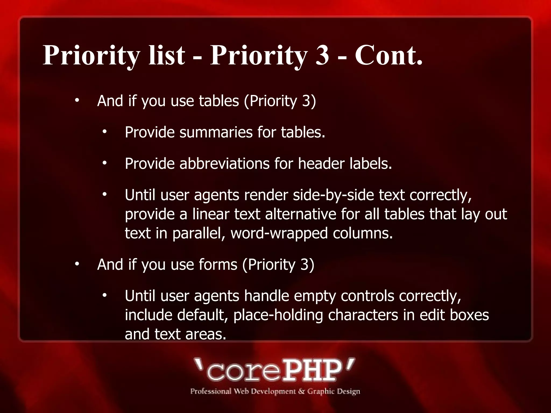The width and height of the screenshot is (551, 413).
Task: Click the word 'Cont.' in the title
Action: [x=388, y=55]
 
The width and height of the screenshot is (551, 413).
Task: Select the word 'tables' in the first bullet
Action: [x=219, y=101]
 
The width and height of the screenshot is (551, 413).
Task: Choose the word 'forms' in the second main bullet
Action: [x=218, y=265]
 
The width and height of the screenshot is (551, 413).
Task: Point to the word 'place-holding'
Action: [x=278, y=315]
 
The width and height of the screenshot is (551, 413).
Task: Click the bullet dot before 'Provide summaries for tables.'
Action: [x=105, y=132]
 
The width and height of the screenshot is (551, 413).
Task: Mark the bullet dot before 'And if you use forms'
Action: [x=77, y=264]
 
